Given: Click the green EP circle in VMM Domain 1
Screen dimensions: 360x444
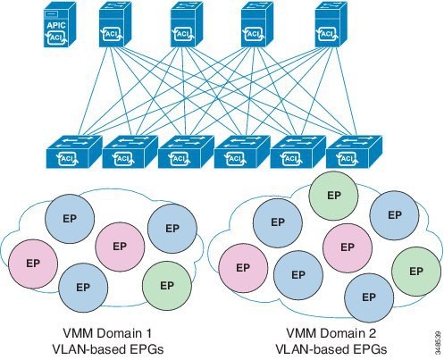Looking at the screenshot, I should pos(165,285).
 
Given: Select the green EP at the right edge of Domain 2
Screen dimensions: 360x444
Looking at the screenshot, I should pos(415,270).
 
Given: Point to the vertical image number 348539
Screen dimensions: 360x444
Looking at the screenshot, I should pos(433,340).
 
